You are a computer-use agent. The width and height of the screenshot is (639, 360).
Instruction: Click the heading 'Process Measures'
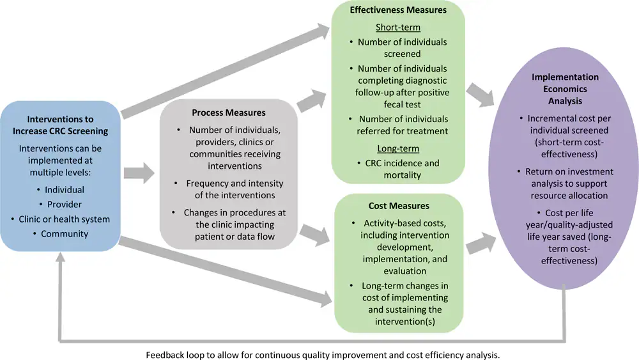(x=228, y=113)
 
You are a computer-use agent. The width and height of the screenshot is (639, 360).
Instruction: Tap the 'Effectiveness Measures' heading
(x=397, y=11)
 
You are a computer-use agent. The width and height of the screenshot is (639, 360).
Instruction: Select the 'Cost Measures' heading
(x=397, y=206)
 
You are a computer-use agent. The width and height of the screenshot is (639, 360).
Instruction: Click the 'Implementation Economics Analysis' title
(x=564, y=89)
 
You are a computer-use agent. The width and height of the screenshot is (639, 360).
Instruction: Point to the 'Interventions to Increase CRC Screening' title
(x=60, y=125)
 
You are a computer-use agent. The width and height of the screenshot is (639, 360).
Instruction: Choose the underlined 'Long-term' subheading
(x=397, y=148)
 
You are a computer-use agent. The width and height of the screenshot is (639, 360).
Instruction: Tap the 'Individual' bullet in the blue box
(x=65, y=190)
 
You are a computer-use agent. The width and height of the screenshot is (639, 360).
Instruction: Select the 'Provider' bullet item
(x=64, y=205)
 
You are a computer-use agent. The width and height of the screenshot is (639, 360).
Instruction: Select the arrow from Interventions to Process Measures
(x=139, y=172)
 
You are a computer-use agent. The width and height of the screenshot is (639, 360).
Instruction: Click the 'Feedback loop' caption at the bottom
(x=322, y=354)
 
